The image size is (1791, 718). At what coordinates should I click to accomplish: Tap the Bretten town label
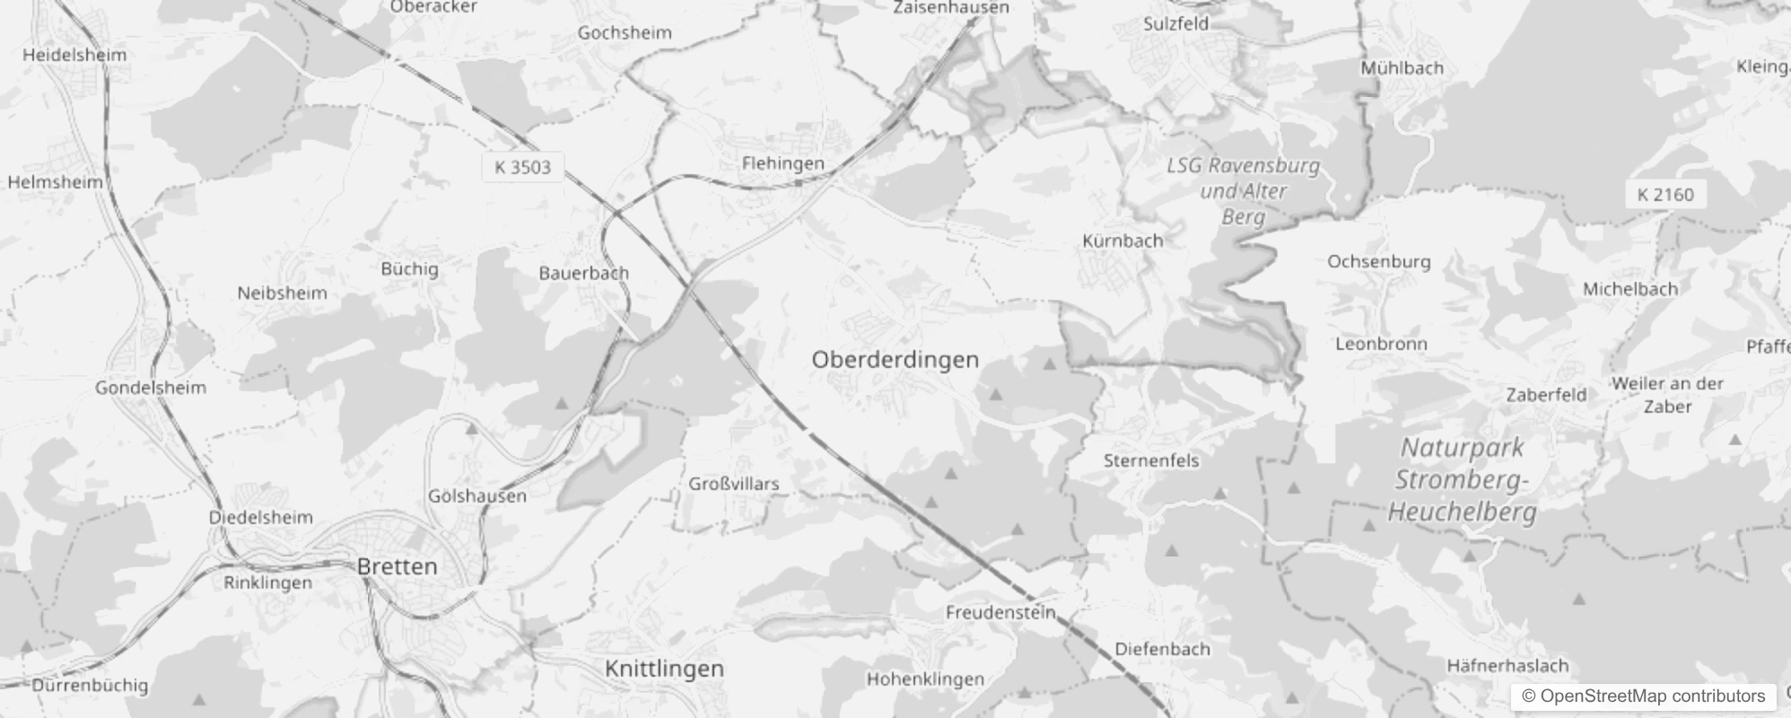(x=397, y=566)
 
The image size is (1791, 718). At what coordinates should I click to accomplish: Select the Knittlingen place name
(x=664, y=669)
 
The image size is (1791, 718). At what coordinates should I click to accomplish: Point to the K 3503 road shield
(x=522, y=167)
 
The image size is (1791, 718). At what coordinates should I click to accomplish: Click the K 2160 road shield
(x=1664, y=195)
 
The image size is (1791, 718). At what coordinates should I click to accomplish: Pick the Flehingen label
(x=782, y=163)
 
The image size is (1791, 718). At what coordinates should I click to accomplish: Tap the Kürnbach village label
(x=1122, y=241)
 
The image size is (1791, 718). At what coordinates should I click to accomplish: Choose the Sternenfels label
(x=1150, y=460)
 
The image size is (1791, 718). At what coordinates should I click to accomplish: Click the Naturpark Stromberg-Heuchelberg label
(x=1462, y=479)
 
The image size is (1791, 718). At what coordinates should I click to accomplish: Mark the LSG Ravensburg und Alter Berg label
(x=1243, y=190)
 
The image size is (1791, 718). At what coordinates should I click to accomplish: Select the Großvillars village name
(x=733, y=484)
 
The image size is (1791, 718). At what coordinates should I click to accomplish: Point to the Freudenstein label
(x=1000, y=613)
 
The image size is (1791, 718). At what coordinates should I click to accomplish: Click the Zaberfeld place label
(x=1546, y=395)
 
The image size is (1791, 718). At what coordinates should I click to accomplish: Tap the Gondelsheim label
(x=151, y=388)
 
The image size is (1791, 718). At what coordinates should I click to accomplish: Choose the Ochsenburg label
(x=1378, y=262)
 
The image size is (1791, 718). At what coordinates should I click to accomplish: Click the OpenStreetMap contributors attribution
(x=1643, y=696)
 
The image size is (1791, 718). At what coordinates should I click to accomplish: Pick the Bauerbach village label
(x=583, y=273)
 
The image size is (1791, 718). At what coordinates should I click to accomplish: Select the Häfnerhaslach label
(x=1507, y=666)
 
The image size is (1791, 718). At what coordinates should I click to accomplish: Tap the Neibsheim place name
(x=282, y=293)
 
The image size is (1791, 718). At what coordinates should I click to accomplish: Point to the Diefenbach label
(x=1162, y=649)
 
